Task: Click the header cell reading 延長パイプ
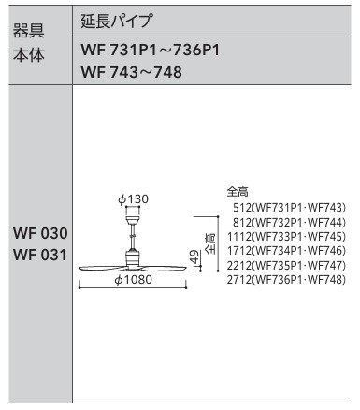(x=118, y=20)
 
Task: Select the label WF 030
(x=39, y=232)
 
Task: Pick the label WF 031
(x=39, y=254)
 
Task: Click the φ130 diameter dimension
(x=134, y=199)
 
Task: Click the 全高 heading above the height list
(x=238, y=190)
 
